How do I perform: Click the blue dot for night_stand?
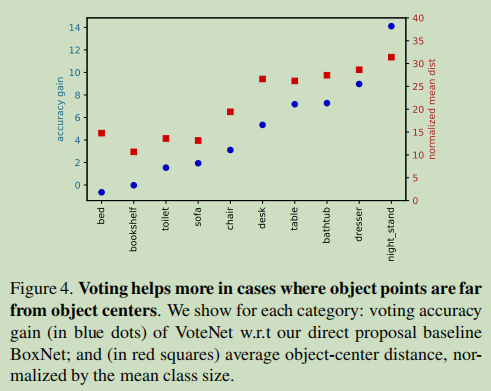tap(391, 26)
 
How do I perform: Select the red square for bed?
tap(101, 133)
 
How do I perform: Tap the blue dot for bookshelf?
tap(133, 185)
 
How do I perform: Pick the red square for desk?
tap(262, 79)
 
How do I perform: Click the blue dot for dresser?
tap(359, 84)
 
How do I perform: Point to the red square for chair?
tap(230, 112)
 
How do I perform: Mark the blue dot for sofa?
tap(198, 163)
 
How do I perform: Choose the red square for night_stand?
tap(391, 57)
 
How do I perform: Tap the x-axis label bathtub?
tap(327, 223)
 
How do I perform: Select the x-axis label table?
tap(295, 219)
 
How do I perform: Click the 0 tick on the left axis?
tap(76, 185)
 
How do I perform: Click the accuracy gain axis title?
tap(60, 105)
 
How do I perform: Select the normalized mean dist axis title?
tap(433, 107)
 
